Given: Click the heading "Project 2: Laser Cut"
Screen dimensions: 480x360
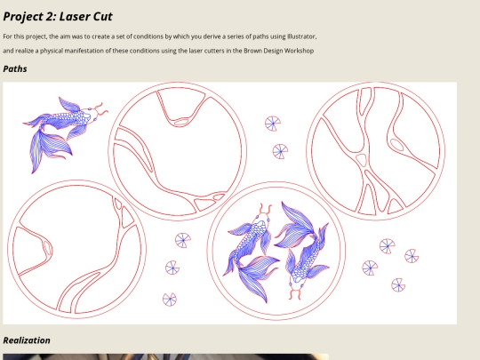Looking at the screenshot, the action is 58,17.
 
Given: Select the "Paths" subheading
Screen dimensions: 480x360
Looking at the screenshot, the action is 15,68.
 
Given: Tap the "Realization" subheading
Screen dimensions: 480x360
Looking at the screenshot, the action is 27,340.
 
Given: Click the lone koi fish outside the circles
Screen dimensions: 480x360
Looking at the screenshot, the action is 65,135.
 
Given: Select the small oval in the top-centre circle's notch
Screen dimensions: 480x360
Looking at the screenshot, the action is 181,122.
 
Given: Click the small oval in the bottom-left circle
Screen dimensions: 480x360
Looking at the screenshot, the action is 47,248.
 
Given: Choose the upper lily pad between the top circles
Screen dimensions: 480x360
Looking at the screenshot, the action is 273,124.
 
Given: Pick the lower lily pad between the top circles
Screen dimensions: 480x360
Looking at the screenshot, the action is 280,151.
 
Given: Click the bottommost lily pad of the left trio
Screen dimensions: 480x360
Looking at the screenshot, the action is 170,300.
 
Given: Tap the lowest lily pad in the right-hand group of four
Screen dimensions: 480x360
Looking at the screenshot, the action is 398,285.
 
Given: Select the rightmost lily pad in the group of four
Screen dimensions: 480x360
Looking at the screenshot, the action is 412,256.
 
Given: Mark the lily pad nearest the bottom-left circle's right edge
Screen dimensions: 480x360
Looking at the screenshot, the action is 172,268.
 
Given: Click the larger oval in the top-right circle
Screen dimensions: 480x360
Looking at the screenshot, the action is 397,145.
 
